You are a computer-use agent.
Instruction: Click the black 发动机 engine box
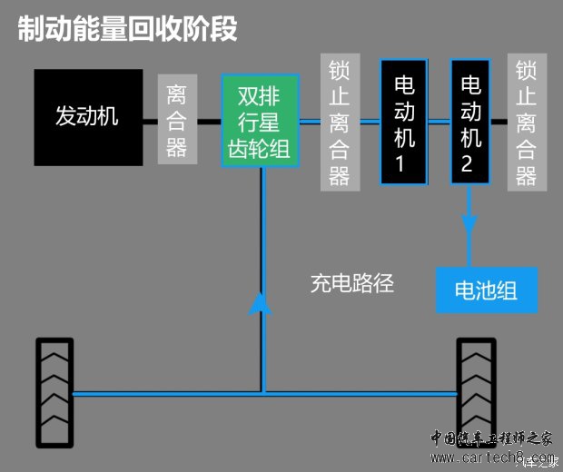88,117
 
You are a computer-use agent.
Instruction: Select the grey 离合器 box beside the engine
177,119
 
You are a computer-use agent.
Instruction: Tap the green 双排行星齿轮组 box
262,121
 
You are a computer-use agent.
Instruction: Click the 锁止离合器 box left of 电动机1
339,122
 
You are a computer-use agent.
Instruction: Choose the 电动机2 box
469,122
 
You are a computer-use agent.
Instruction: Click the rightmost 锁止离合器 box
527,122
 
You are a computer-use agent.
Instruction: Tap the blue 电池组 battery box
487,290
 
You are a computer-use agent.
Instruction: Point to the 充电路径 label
352,283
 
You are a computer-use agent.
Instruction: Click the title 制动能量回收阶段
128,28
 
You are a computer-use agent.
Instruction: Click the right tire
476,391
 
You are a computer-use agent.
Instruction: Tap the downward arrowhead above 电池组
469,224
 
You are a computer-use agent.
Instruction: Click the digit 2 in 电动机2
469,165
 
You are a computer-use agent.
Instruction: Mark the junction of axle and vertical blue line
262,393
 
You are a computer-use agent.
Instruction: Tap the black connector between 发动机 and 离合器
151,119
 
